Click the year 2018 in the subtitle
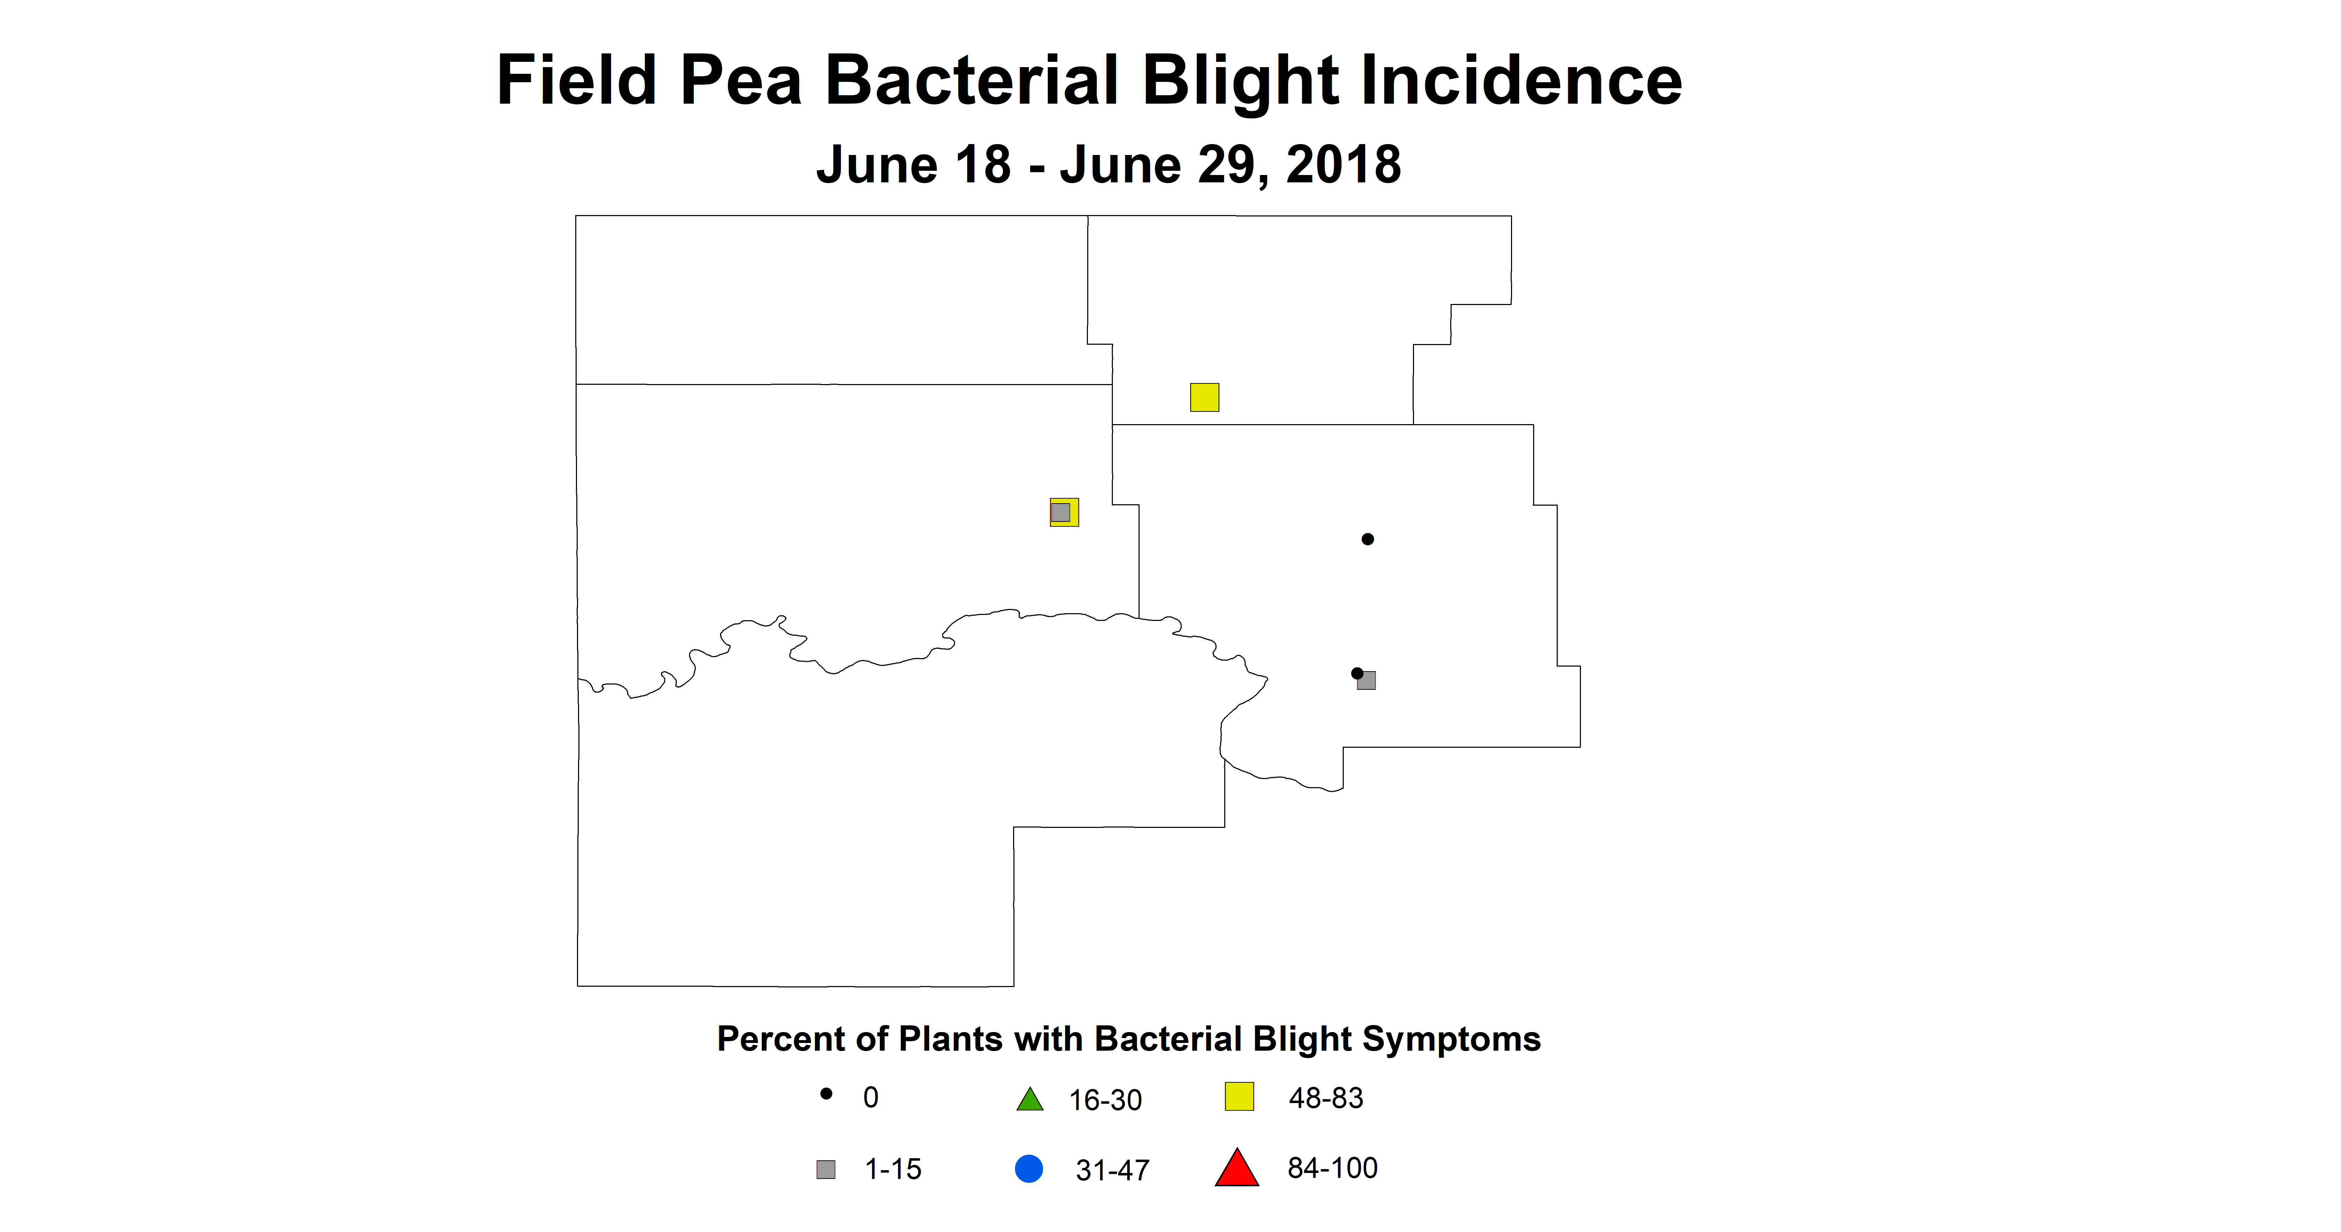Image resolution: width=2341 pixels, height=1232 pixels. pos(1343,166)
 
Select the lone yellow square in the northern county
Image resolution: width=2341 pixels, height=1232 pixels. pos(1204,397)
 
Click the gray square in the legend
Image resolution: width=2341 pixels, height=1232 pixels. pos(825,1169)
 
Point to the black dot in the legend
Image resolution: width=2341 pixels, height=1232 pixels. pos(826,1094)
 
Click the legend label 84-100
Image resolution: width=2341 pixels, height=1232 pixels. pos(1332,1168)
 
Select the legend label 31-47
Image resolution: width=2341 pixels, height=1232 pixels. pos(1112,1170)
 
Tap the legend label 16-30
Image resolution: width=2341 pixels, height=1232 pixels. pos(1105,1100)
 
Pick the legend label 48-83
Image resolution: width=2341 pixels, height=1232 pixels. pos(1326,1098)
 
